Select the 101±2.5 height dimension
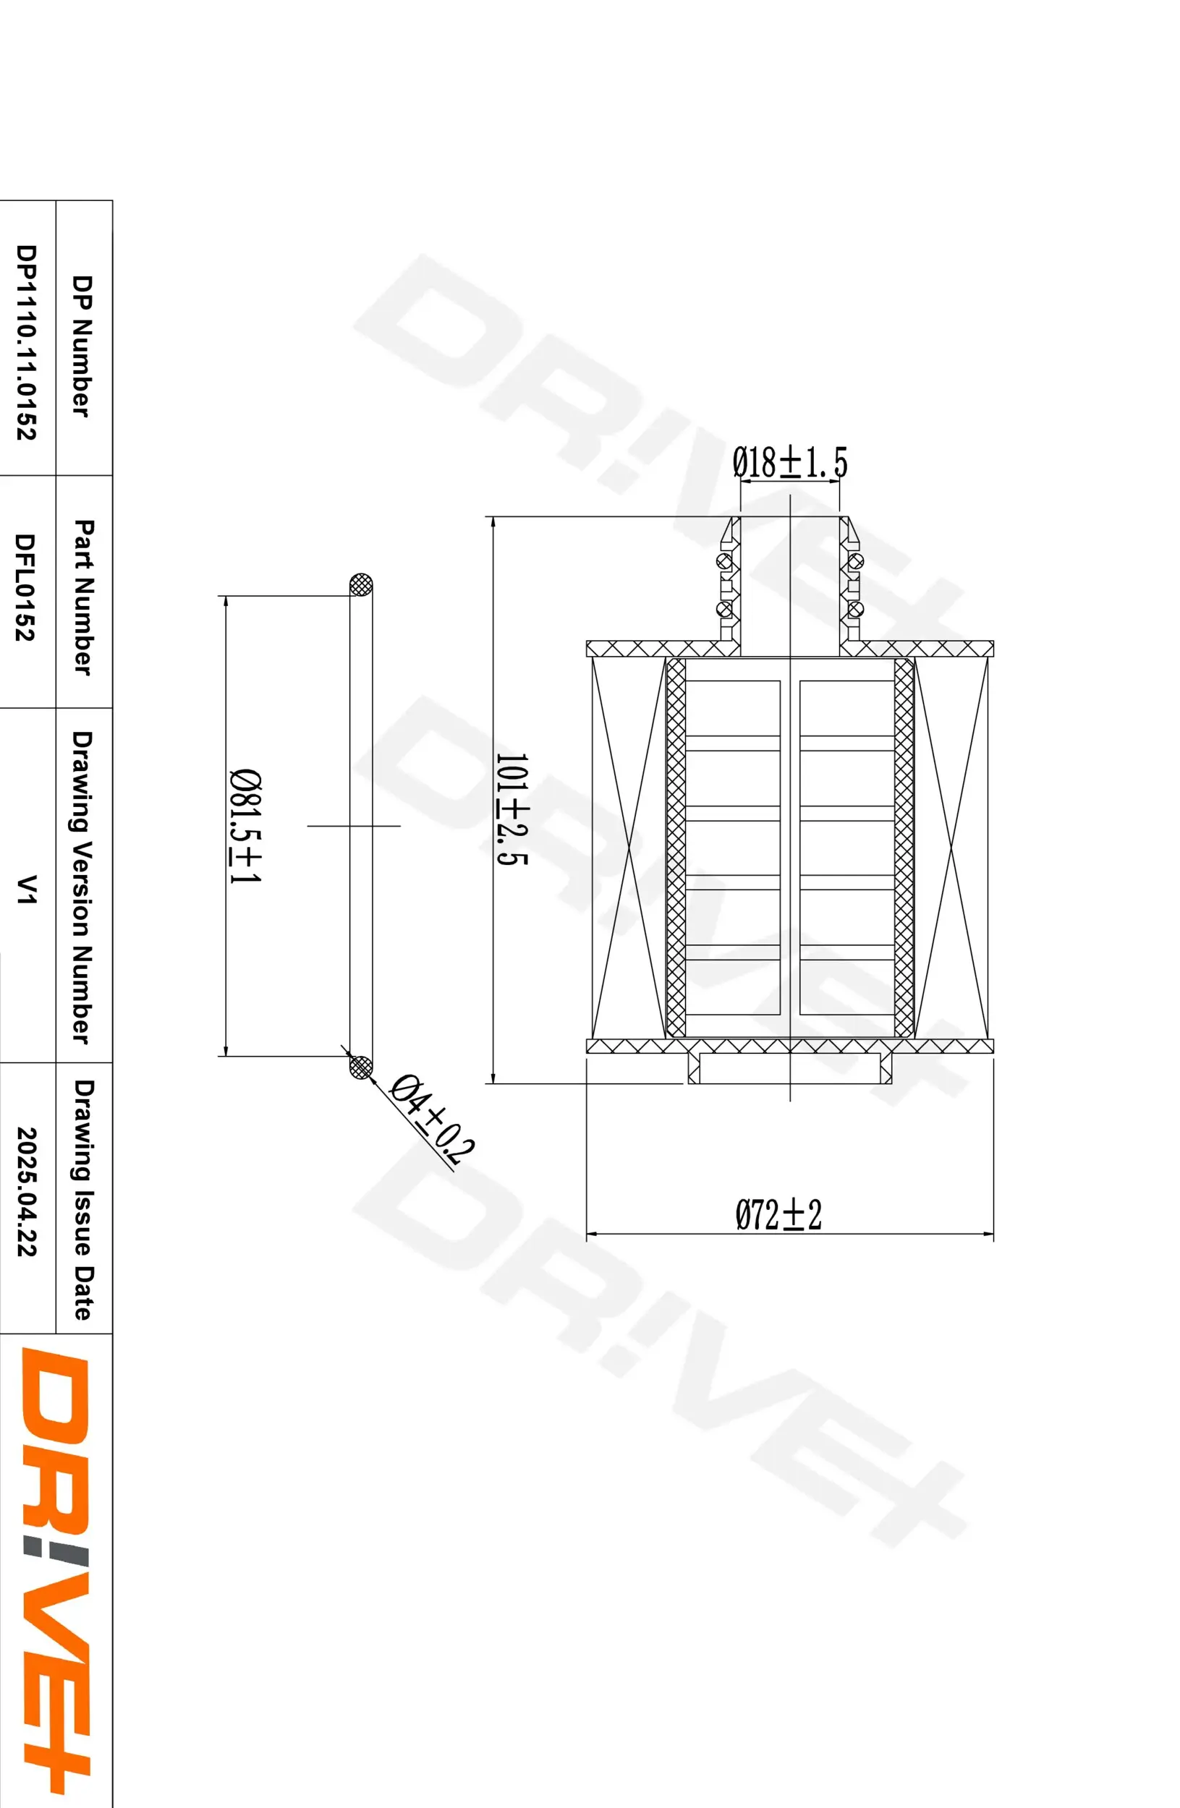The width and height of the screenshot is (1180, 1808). pos(512,809)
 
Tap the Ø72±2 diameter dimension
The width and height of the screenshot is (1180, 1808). pos(778,1215)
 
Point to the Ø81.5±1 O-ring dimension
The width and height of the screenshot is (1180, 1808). pos(245,826)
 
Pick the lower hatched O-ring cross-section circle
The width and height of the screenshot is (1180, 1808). pos(361,1067)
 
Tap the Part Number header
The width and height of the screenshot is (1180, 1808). pos(84,597)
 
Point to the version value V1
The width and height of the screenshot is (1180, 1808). pos(27,889)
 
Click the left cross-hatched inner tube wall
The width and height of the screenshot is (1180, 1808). pos(676,847)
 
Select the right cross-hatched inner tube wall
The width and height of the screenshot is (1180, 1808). pos(904,847)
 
